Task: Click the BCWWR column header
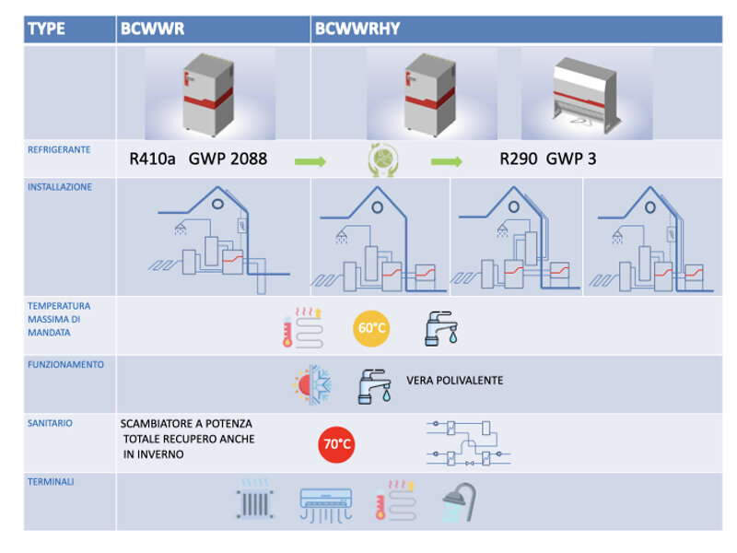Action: pos(152,29)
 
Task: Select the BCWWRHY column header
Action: pos(357,29)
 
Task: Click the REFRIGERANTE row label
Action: pos(58,147)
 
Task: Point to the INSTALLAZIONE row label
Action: pos(60,186)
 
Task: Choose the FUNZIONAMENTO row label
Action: pos(65,364)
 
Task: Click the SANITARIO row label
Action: pos(51,423)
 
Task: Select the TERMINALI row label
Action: pos(52,480)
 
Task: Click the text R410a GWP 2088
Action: pos(198,159)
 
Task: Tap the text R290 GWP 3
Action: pos(548,159)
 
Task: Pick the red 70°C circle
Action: pos(336,444)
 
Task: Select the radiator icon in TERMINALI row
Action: pos(256,500)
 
